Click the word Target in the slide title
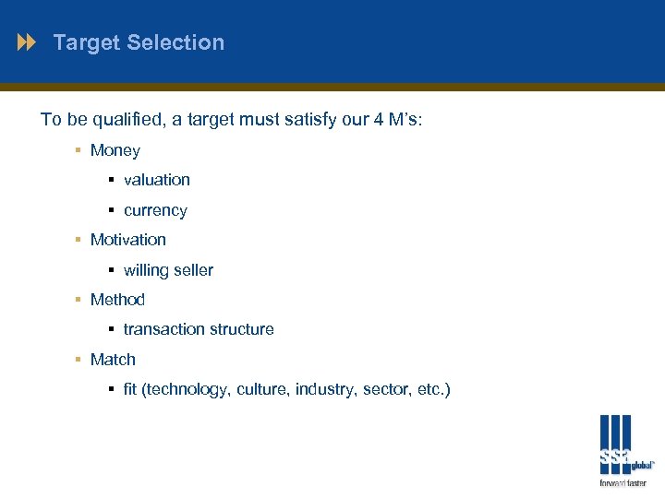(x=87, y=42)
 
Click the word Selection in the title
(x=175, y=42)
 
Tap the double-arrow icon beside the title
(x=27, y=42)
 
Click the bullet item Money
(x=115, y=150)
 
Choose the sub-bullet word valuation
(x=157, y=180)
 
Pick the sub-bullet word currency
(x=155, y=210)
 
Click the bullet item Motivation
(x=128, y=240)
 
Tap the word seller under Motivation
(x=192, y=270)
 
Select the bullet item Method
(x=117, y=300)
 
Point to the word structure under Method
(x=241, y=329)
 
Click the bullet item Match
(x=113, y=360)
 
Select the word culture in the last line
(x=263, y=389)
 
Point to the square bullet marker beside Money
(x=79, y=150)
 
